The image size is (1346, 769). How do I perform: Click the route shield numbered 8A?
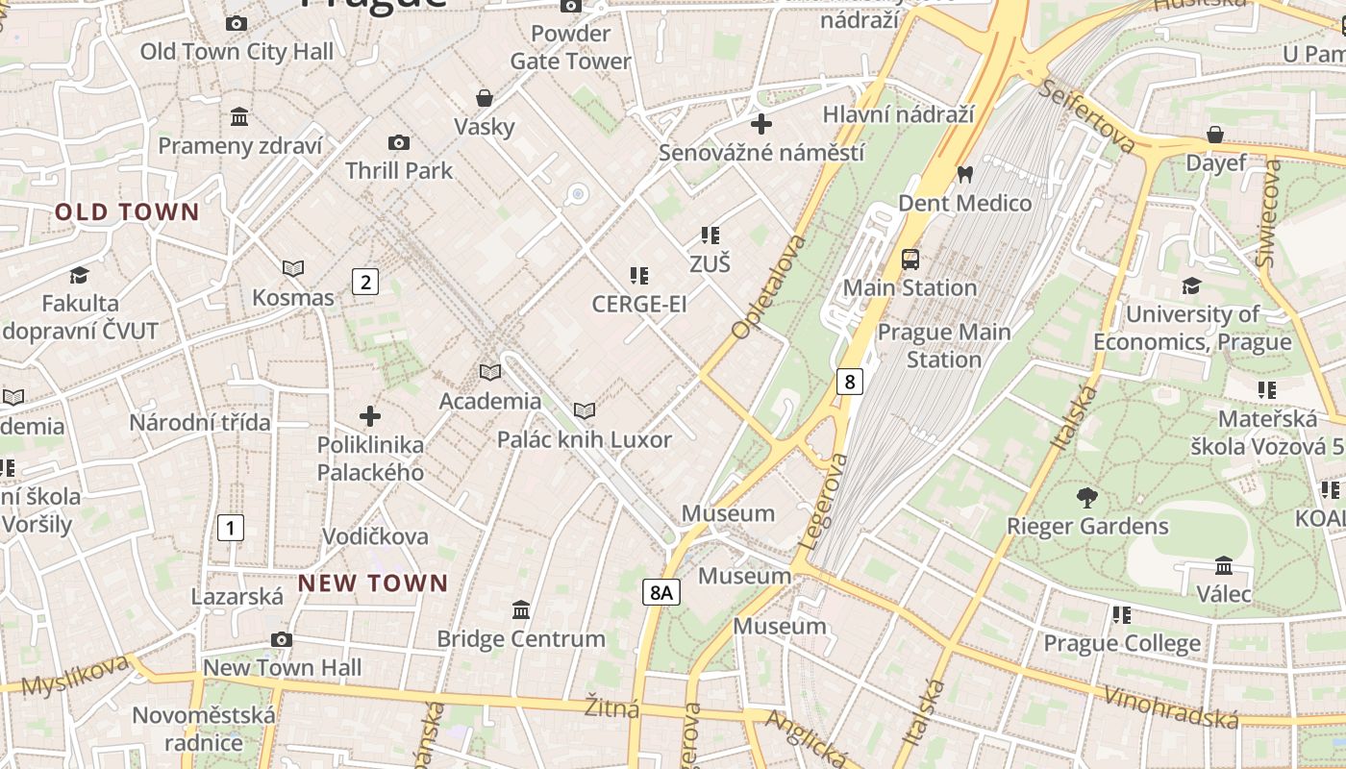(661, 592)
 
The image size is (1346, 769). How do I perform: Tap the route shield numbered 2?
(364, 282)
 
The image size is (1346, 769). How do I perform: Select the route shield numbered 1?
(230, 527)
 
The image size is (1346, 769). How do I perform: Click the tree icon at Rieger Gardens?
(1087, 498)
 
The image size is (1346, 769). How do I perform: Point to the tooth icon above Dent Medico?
(964, 175)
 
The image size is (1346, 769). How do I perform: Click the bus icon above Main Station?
(910, 259)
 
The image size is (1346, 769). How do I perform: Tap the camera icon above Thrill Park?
(398, 143)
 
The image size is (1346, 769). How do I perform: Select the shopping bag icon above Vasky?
(485, 98)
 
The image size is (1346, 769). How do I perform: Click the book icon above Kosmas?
(293, 269)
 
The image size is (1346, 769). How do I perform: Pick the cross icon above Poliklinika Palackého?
(370, 416)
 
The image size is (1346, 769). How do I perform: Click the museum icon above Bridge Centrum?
(521, 610)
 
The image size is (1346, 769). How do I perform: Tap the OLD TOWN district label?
(127, 212)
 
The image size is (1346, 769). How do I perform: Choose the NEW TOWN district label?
(373, 583)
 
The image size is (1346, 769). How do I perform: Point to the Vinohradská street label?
(1170, 707)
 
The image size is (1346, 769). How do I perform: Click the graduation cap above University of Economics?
(1191, 285)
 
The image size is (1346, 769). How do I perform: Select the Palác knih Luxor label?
(584, 439)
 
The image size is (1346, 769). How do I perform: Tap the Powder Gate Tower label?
(570, 47)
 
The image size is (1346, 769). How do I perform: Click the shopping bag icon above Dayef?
(1215, 135)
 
